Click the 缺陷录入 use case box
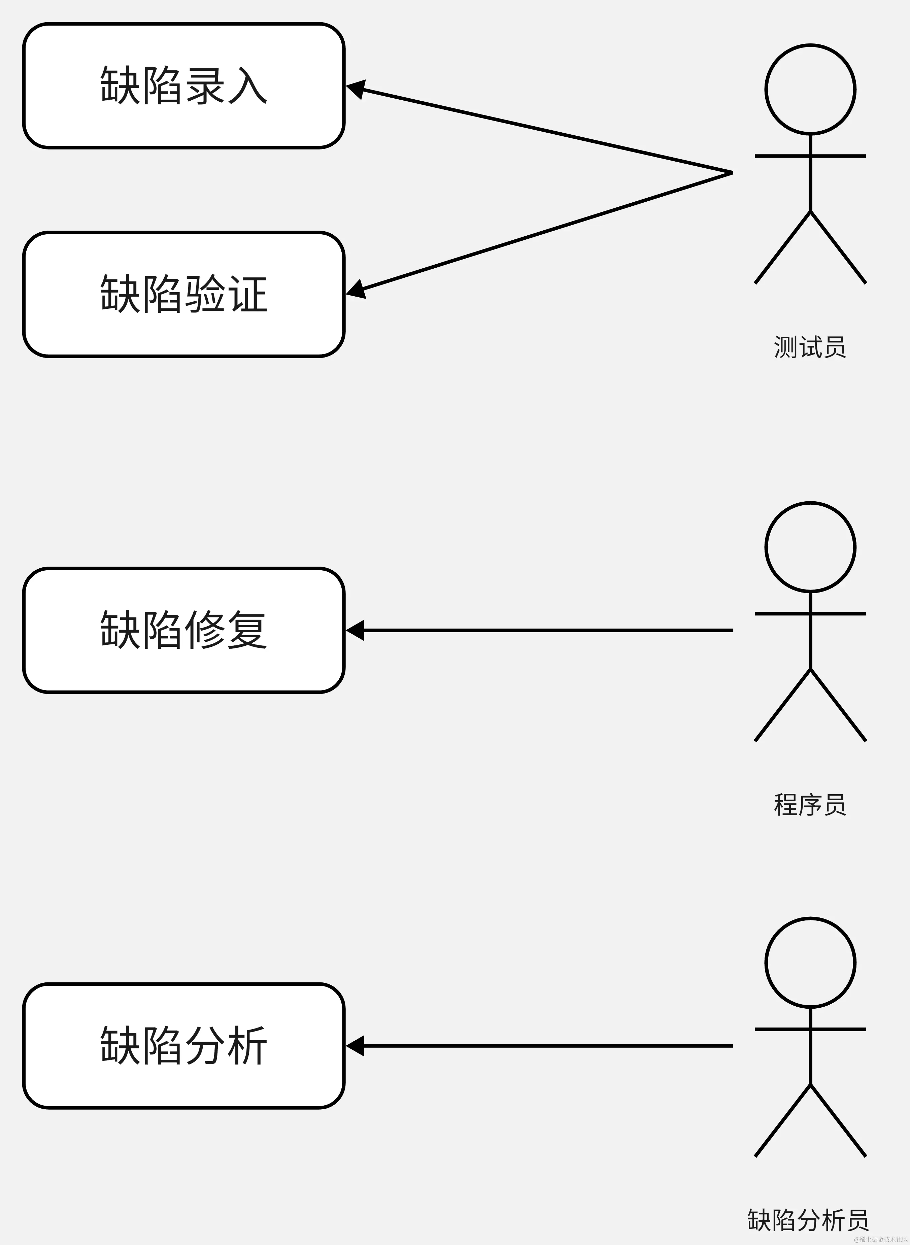coord(183,86)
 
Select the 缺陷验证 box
coord(183,294)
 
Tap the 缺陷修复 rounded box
coord(183,630)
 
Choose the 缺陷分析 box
coord(183,1046)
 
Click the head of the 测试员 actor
coord(810,89)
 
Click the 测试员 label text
coord(810,347)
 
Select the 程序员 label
coord(810,805)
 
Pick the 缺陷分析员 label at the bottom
coord(808,1220)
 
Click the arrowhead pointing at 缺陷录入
coord(355,88)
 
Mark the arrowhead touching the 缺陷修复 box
coord(355,630)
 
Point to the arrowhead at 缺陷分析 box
coord(355,1046)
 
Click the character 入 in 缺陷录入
coord(247,86)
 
